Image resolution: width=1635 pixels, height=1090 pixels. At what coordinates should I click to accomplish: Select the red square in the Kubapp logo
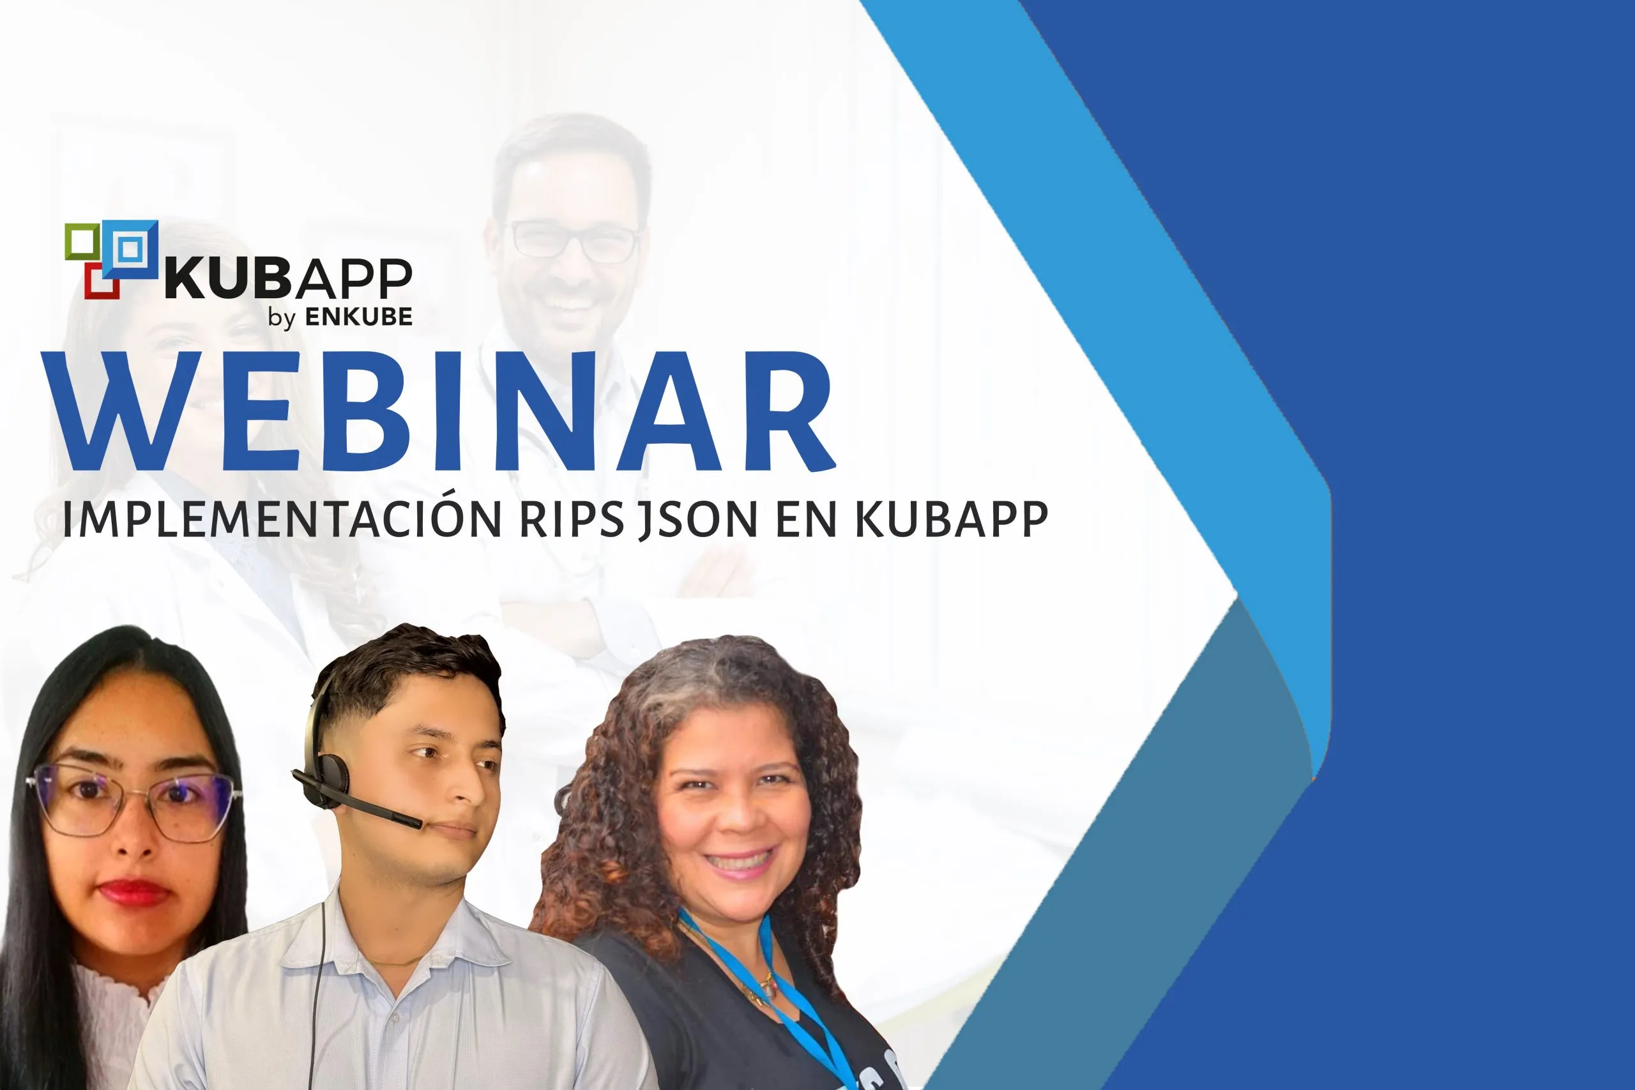tap(102, 281)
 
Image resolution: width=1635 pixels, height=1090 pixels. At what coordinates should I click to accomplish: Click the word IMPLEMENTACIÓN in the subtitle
tap(282, 518)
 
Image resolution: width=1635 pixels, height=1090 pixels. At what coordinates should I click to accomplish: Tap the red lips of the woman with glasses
tap(134, 891)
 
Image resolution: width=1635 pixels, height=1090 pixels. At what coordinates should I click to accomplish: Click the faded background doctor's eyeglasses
tap(576, 241)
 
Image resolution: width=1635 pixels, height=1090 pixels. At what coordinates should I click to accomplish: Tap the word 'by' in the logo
tap(282, 319)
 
